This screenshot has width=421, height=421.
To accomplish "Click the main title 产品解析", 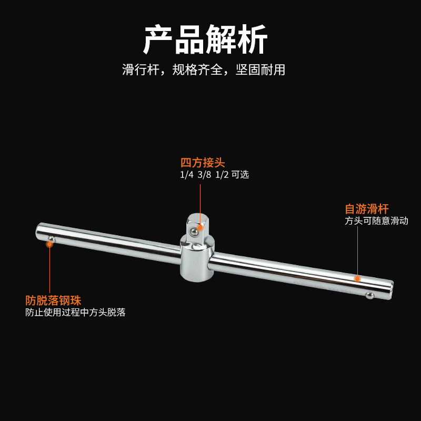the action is click(206, 39).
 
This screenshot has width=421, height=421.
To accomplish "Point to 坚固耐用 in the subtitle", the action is click(260, 69).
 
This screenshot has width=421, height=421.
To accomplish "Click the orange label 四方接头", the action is click(203, 163).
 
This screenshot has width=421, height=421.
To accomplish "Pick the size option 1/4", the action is click(187, 175).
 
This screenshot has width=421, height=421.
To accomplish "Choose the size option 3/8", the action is click(204, 175).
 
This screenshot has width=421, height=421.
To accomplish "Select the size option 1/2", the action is click(221, 175).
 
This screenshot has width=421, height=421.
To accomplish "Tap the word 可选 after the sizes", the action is click(240, 175).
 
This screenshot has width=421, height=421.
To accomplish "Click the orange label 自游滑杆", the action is click(367, 208).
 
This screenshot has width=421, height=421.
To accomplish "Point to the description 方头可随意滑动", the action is click(376, 221).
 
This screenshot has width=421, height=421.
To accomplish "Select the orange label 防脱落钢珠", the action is click(53, 300).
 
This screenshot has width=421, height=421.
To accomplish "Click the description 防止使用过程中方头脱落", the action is click(75, 313).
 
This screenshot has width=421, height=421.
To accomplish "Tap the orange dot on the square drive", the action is click(200, 227).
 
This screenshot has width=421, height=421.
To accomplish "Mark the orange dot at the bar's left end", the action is click(49, 244).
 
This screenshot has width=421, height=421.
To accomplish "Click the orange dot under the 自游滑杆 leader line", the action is click(357, 278).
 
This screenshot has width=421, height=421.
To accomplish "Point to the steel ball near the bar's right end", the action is click(369, 295).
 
